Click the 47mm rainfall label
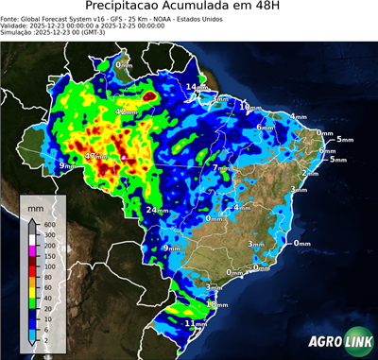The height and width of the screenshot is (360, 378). pos(95,156)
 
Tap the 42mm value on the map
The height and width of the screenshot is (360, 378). pos(126,112)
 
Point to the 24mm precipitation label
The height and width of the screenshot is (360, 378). pos(157,210)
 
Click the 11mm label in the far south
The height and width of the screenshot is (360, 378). pos(196,323)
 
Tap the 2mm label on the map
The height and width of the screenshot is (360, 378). pos(310,173)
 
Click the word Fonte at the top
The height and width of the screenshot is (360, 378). pos(10,18)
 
